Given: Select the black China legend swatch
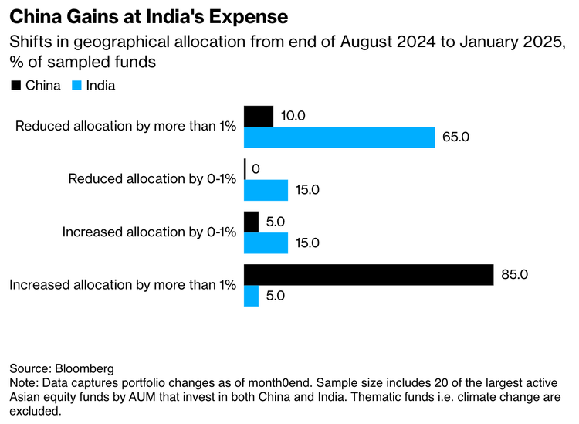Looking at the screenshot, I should [15, 86].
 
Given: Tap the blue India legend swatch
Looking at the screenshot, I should [77, 86].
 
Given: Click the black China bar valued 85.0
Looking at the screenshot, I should [368, 275].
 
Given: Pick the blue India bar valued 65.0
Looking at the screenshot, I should [339, 137].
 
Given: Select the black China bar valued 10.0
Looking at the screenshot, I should [259, 116].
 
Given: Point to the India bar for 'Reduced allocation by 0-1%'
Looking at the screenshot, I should [266, 190].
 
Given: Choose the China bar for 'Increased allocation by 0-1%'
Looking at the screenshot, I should [251, 222].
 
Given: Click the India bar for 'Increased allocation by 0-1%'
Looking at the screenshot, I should [266, 243].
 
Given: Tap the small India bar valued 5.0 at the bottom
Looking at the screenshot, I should [251, 296].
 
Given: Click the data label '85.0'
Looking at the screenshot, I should [516, 275].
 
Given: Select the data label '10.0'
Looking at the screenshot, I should [295, 116].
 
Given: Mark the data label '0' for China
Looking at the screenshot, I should [256, 168].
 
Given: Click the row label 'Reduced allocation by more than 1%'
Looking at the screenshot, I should [125, 127].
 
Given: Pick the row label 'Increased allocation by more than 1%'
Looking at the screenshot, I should [122, 285].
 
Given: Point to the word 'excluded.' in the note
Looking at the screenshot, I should [35, 412].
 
